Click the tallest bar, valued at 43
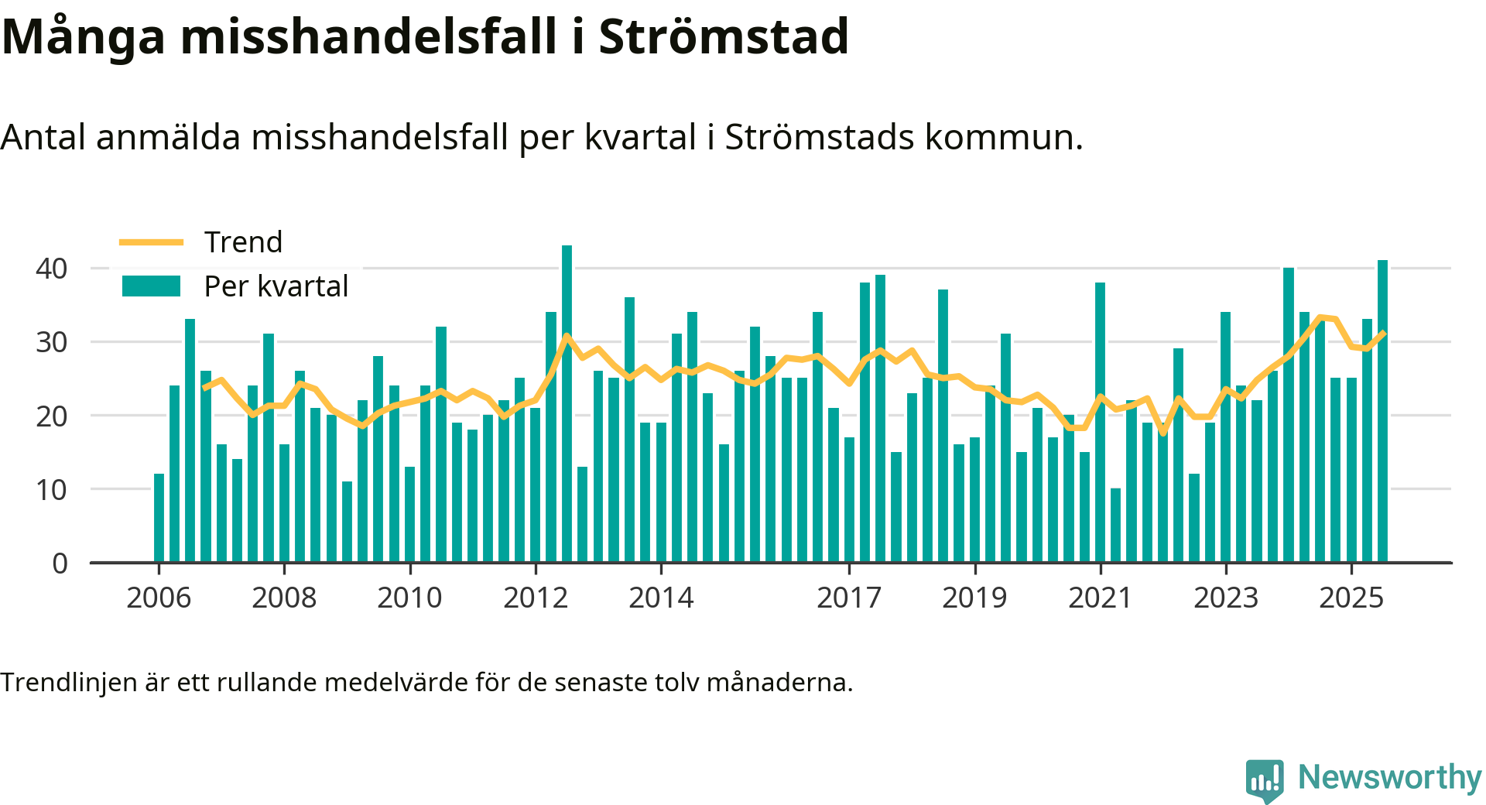pyautogui.click(x=567, y=402)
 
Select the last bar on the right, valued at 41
pyautogui.click(x=1382, y=410)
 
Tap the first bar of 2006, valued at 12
pyautogui.click(x=159, y=517)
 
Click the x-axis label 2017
pyautogui.click(x=849, y=598)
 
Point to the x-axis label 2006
pyautogui.click(x=159, y=598)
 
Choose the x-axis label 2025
pyautogui.click(x=1351, y=598)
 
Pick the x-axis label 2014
pyautogui.click(x=661, y=598)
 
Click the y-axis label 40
pyautogui.click(x=52, y=269)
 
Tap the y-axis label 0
pyautogui.click(x=60, y=563)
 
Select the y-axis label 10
pyautogui.click(x=52, y=489)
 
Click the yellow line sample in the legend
pyautogui.click(x=151, y=242)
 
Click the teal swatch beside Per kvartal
pyautogui.click(x=151, y=286)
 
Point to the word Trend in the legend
pyautogui.click(x=243, y=242)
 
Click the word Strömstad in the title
pyautogui.click(x=724, y=36)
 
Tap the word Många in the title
pyautogui.click(x=84, y=36)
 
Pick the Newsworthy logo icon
pyautogui.click(x=1264, y=780)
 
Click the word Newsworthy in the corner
pyautogui.click(x=1389, y=777)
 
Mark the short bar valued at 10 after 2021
pyautogui.click(x=1115, y=525)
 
